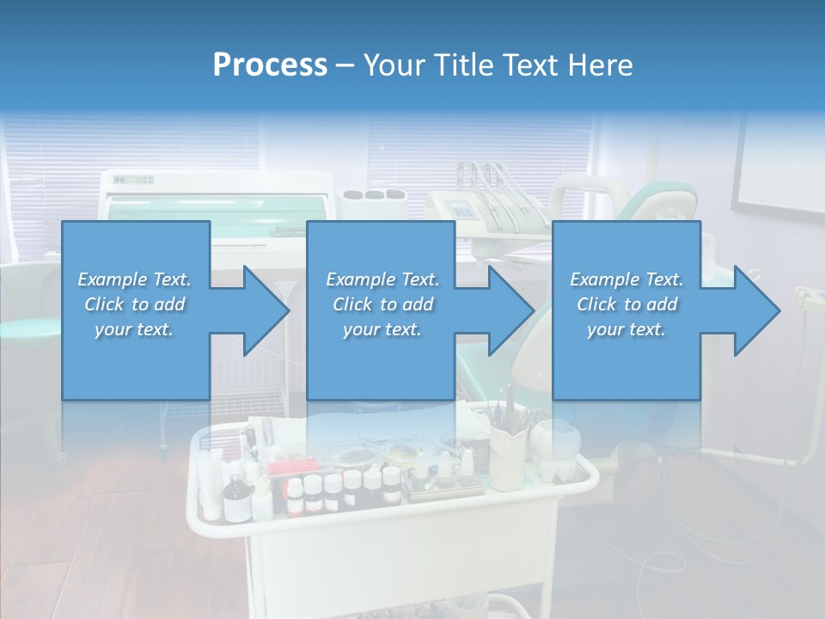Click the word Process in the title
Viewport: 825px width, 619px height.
coord(270,64)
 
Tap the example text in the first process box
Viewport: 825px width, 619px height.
coord(134,304)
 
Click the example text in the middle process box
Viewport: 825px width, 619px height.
coord(382,304)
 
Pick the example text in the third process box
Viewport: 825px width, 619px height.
coord(626,304)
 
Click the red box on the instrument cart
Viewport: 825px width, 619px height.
coord(288,469)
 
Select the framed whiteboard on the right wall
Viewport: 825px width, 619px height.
coord(779,163)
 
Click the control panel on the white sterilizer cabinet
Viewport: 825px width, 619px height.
coord(134,181)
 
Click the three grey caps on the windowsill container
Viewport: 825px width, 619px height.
coord(373,193)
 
